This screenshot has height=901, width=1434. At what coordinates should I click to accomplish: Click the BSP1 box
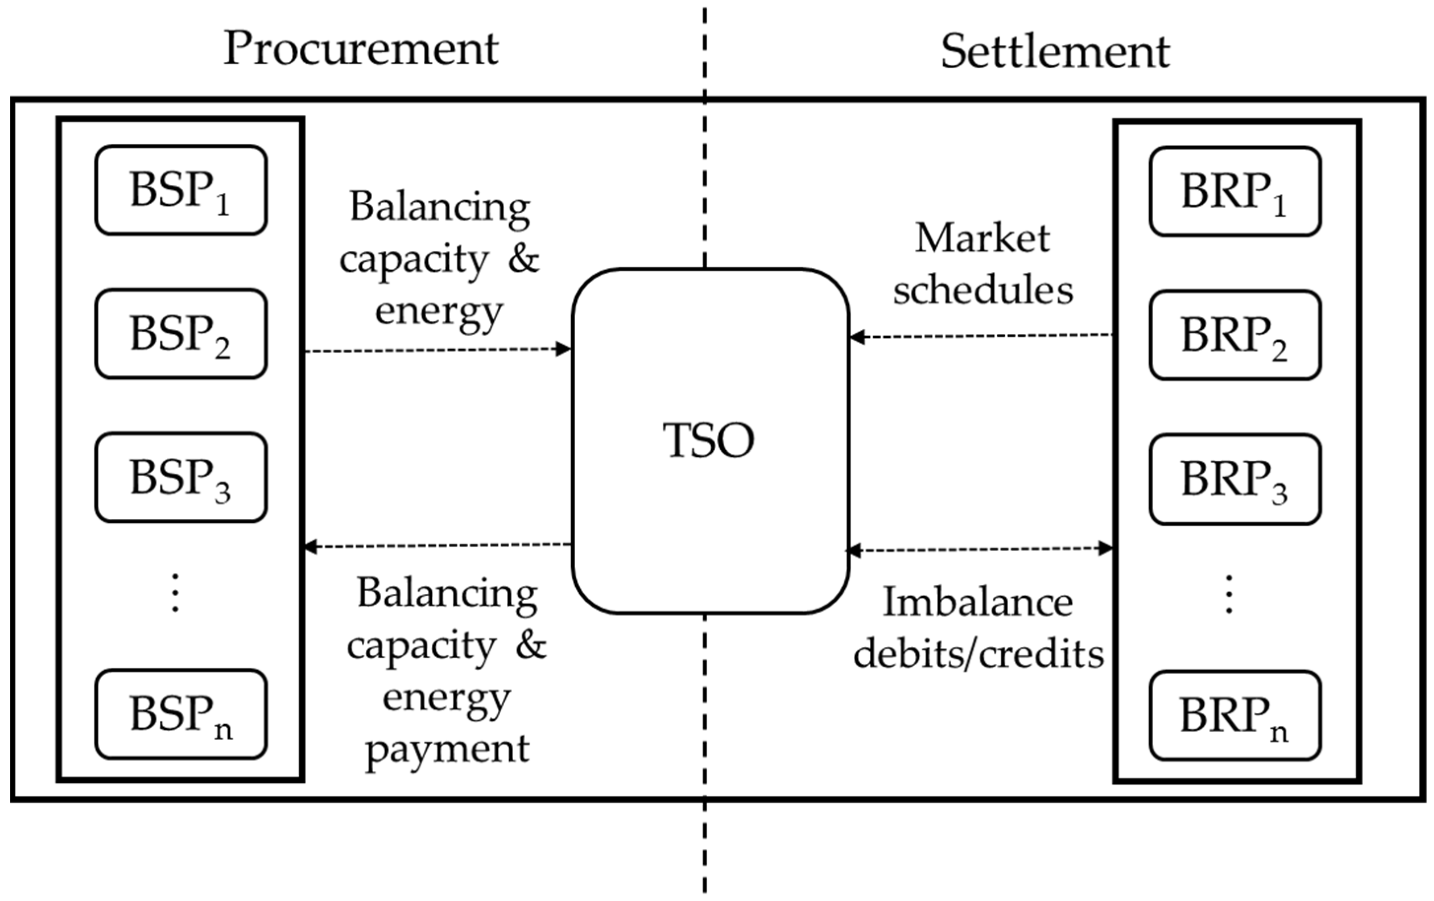(x=180, y=191)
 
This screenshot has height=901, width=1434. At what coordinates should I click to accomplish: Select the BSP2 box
(x=180, y=334)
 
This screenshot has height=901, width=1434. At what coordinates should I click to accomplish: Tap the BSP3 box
(x=180, y=477)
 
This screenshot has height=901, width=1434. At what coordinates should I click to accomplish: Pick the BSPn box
(x=180, y=714)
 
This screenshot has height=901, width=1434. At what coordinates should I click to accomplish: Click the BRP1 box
(x=1235, y=192)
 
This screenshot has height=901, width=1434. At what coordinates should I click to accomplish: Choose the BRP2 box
(x=1235, y=335)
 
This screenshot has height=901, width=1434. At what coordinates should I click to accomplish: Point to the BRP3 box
(x=1235, y=479)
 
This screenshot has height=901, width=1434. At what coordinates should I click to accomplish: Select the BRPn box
(x=1235, y=715)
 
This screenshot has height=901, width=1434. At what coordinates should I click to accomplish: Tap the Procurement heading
(x=361, y=49)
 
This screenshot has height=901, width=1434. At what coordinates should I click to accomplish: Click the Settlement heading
(x=1055, y=52)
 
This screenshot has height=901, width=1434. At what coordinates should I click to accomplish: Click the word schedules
(x=983, y=290)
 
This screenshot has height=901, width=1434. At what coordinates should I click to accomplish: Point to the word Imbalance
(x=978, y=602)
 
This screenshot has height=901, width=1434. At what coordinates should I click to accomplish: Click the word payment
(x=447, y=749)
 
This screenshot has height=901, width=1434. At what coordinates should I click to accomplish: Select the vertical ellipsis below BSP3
(x=175, y=593)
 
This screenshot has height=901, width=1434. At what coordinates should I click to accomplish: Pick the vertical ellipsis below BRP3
(x=1229, y=594)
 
